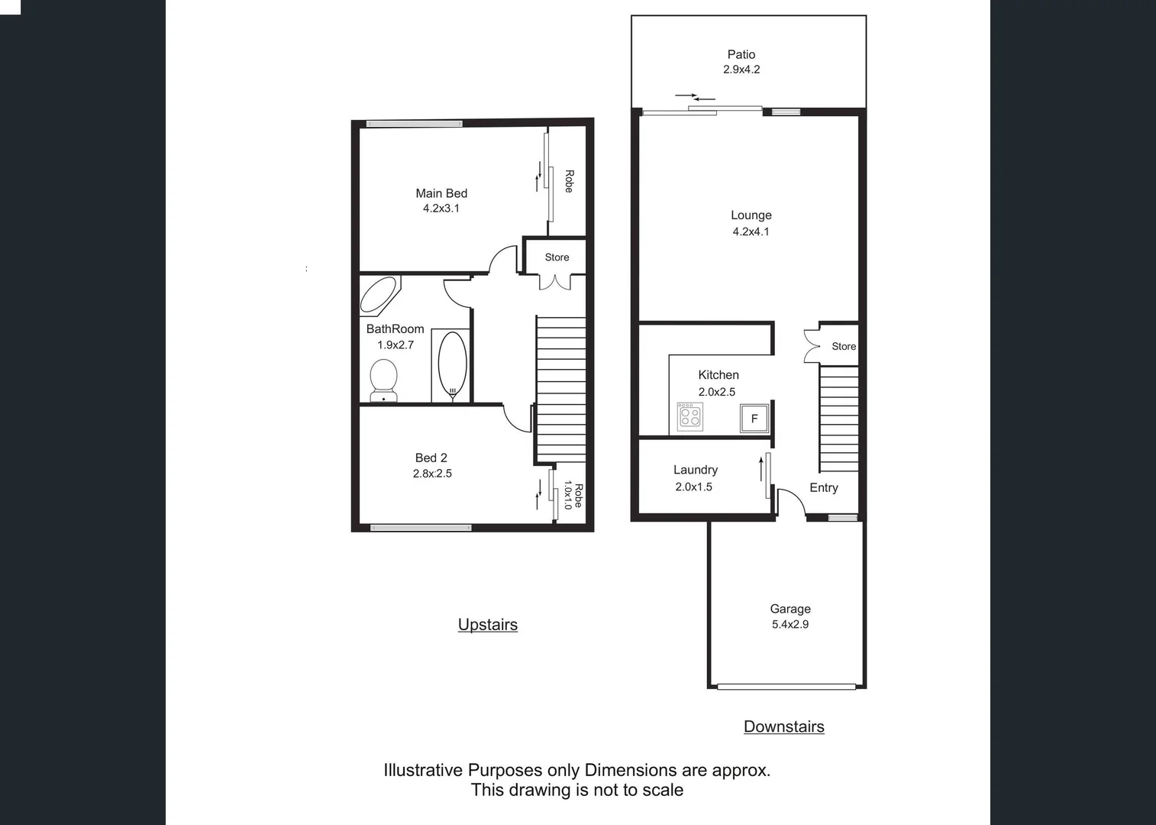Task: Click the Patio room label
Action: click(x=741, y=54)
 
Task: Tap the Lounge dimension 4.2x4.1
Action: click(x=751, y=231)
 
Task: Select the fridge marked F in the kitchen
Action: click(x=754, y=419)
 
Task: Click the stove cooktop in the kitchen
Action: click(x=690, y=417)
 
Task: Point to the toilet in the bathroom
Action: click(x=383, y=378)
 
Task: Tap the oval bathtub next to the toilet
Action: click(x=452, y=364)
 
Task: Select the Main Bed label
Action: click(x=441, y=193)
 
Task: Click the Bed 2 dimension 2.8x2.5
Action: click(x=432, y=474)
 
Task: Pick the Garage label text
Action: click(x=790, y=609)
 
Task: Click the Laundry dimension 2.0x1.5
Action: click(x=693, y=487)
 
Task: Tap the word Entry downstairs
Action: click(x=823, y=487)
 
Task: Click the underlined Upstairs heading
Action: click(x=487, y=624)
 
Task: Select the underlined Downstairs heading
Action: click(x=783, y=726)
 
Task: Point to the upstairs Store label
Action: click(x=557, y=257)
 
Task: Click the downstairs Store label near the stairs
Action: click(x=843, y=346)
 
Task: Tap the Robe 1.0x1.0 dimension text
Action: click(x=567, y=495)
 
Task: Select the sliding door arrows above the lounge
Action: click(x=695, y=97)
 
